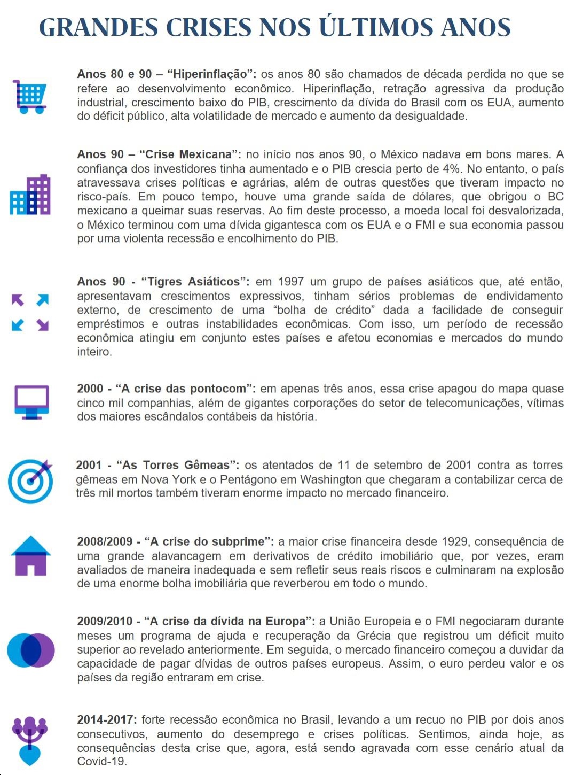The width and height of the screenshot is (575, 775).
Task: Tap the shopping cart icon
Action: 30,97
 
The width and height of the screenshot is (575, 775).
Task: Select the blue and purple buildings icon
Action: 30,195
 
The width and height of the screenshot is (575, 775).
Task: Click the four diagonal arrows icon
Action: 30,312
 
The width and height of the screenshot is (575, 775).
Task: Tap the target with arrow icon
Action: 31,480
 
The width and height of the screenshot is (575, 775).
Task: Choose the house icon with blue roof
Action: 31,555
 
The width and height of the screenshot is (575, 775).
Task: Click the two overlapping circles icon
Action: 31,650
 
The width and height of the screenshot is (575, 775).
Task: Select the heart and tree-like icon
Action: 30,740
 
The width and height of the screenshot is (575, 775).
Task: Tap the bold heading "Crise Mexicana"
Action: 189,154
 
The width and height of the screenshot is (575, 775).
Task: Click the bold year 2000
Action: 90,389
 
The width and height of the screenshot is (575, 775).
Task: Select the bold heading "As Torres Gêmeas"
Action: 177,465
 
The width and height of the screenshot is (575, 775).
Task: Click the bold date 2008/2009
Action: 105,541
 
